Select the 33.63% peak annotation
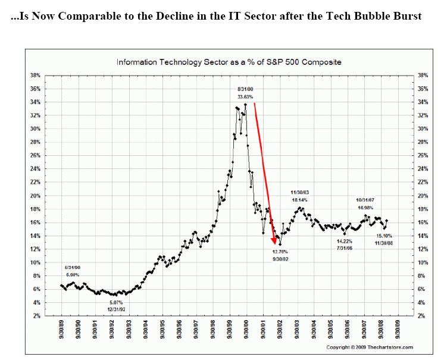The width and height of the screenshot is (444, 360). pos(245,97)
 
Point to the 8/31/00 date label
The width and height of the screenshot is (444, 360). pos(245,89)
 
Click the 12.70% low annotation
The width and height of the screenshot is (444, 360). pos(280,252)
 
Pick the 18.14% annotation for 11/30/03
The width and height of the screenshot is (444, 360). pos(299,200)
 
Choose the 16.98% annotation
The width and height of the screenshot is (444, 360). pos(365,208)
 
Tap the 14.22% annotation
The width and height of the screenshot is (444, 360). pos(345,242)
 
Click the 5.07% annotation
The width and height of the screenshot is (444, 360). pos(116,302)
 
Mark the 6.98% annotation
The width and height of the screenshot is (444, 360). pos(73,275)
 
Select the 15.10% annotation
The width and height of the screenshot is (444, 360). pos(384,236)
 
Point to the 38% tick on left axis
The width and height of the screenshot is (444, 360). pos(35,76)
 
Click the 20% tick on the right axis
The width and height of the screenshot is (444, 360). pos(423,196)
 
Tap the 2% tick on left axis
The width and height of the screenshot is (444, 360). pos(37,316)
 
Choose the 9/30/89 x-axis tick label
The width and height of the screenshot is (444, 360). pos(62,329)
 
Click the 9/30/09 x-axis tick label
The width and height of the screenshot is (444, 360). pos(398,329)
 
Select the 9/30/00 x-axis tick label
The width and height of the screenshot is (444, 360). pos(246,329)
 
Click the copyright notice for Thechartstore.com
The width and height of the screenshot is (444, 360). pos(370,348)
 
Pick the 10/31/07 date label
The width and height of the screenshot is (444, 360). pos(365,200)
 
